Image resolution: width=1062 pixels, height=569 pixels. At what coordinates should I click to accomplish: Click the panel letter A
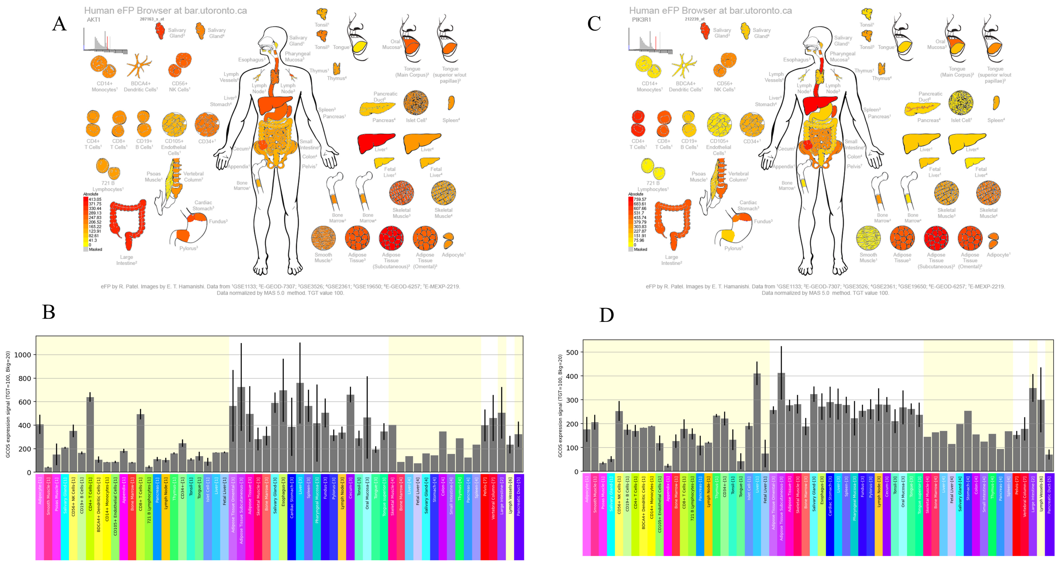click(59, 24)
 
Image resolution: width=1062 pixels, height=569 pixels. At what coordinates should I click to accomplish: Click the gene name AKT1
click(94, 19)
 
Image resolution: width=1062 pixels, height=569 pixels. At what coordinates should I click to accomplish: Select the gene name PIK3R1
click(642, 19)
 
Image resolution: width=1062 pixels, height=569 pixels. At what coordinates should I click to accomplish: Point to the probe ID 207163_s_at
click(152, 19)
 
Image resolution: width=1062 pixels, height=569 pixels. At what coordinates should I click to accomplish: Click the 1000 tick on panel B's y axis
click(23, 355)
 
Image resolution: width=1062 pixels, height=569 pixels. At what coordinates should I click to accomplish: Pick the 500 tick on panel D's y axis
click(573, 352)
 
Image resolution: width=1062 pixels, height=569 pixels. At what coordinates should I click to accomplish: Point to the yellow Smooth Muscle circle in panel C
click(868, 238)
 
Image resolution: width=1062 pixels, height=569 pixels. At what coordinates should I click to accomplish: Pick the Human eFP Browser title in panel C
click(710, 10)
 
